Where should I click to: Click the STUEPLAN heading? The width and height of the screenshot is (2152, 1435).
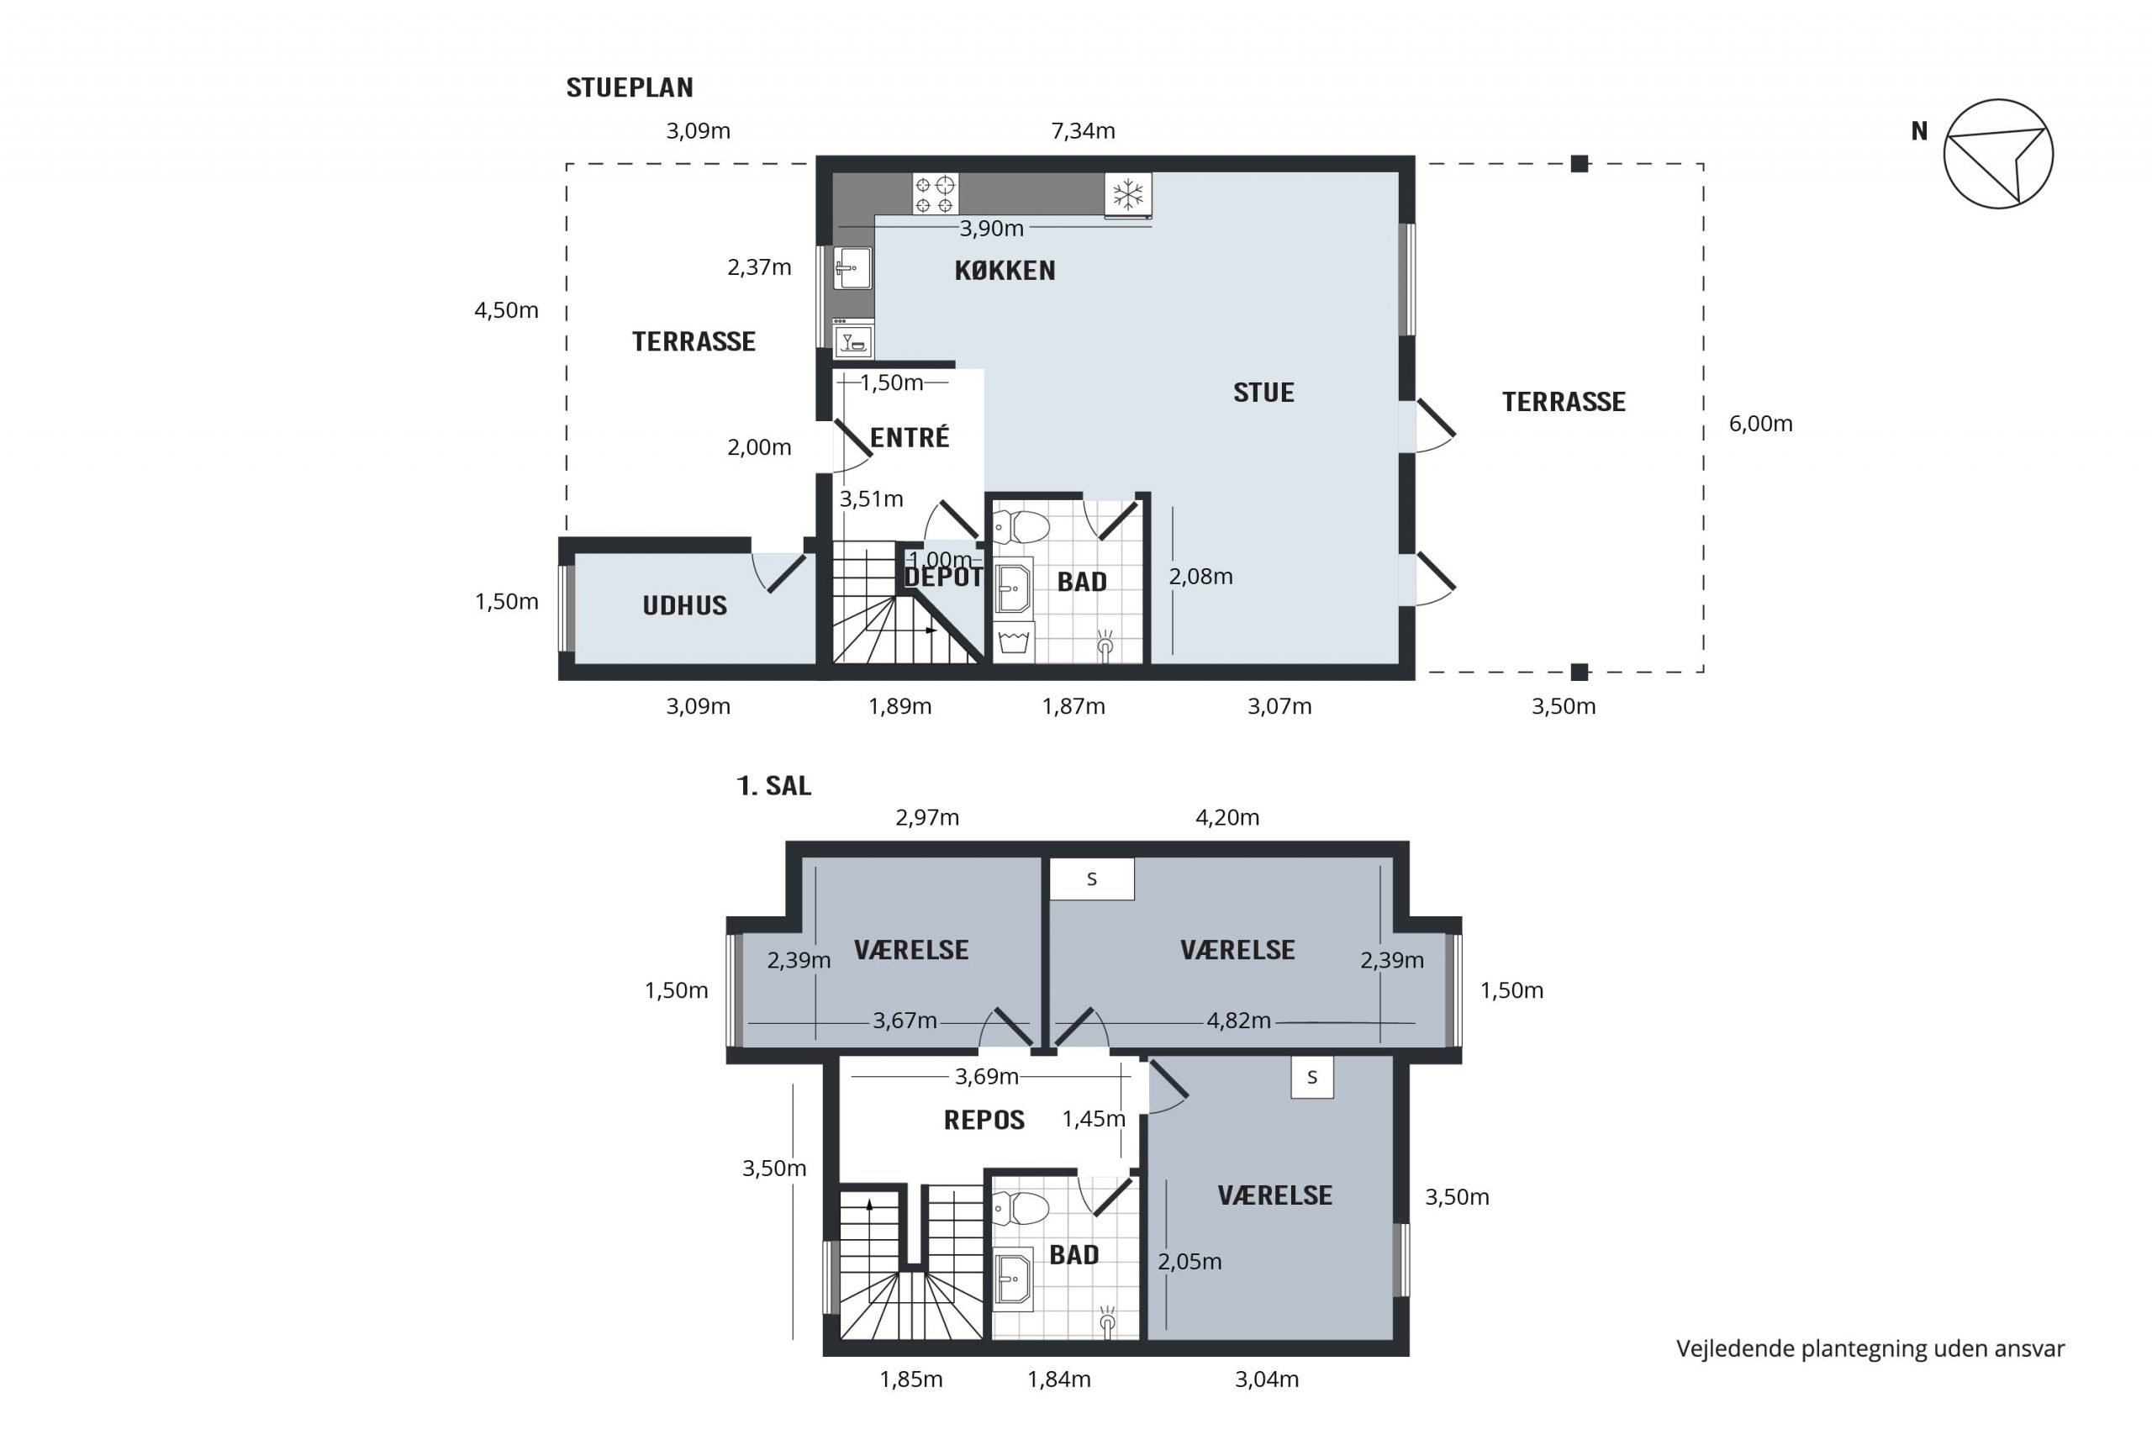[x=630, y=88]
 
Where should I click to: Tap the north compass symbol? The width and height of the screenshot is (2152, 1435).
[x=1999, y=154]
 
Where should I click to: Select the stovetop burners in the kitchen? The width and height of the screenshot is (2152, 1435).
[x=935, y=194]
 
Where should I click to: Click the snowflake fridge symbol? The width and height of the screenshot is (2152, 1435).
[x=1128, y=194]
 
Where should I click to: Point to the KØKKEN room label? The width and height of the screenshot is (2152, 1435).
[x=1005, y=271]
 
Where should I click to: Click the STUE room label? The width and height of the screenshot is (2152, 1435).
[x=1263, y=393]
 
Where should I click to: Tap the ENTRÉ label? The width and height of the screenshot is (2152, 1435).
[x=910, y=437]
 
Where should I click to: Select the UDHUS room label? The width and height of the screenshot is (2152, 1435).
[x=684, y=606]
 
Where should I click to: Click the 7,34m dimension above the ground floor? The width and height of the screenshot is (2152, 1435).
[x=1084, y=131]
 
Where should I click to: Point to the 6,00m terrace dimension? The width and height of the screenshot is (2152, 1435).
[x=1760, y=424]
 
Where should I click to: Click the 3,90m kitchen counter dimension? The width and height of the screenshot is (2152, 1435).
[x=991, y=229]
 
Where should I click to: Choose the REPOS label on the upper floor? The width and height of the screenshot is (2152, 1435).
[x=984, y=1121]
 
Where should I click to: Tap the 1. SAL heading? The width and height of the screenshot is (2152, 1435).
[x=774, y=786]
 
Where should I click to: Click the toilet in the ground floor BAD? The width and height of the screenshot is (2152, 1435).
[x=1021, y=527]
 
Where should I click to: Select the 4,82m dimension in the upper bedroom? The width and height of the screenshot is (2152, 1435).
[x=1239, y=1021]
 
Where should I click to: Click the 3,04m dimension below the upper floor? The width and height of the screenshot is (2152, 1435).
[x=1266, y=1380]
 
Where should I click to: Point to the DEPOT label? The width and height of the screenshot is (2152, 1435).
[x=942, y=578]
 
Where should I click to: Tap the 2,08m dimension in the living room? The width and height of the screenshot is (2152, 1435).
[x=1200, y=577]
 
